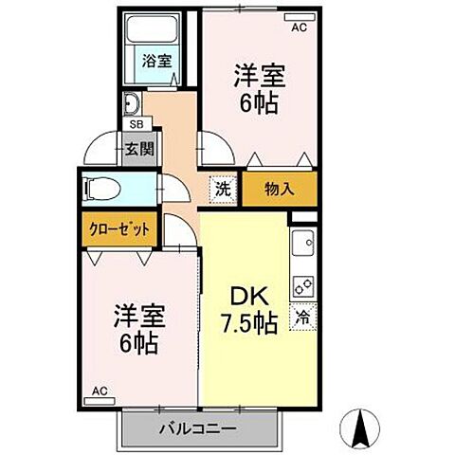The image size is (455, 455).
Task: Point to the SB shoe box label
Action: (136, 123)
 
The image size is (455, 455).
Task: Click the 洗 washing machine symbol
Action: (220, 188)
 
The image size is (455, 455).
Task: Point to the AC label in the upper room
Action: (299, 28)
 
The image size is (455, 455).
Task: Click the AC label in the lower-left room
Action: (100, 390)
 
